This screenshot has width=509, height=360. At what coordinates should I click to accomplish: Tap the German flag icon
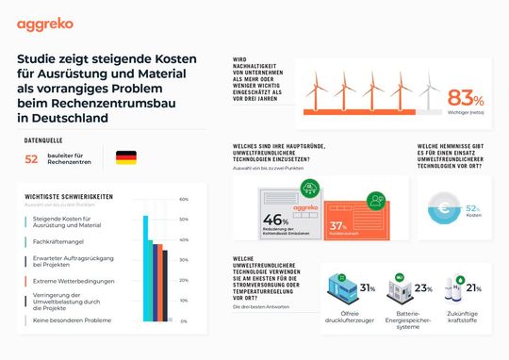click(x=125, y=157)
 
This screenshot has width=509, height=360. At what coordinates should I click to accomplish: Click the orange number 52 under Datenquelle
click(x=31, y=159)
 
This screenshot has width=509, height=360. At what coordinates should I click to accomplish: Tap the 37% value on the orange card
click(x=340, y=226)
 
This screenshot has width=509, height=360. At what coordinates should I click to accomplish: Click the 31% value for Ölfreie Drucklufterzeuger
click(x=368, y=288)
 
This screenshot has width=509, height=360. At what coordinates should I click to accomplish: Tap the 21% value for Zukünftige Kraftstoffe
click(x=473, y=288)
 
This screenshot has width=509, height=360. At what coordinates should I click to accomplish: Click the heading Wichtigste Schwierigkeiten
click(x=63, y=196)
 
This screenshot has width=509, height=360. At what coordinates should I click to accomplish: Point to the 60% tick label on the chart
click(x=183, y=200)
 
